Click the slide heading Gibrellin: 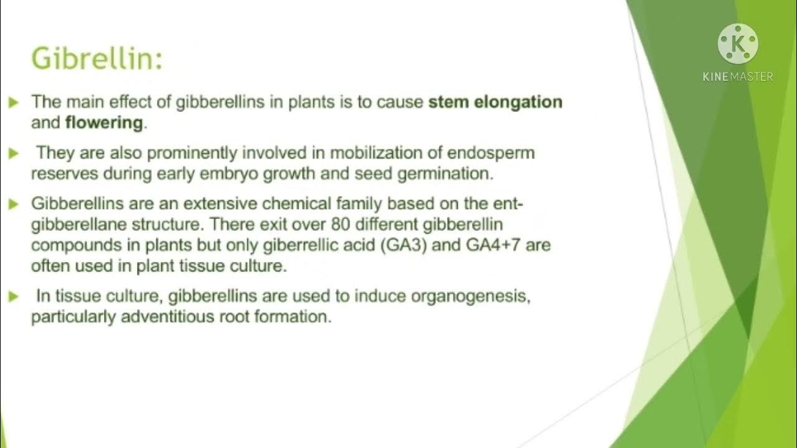tap(97, 59)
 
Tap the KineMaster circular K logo tap(738, 44)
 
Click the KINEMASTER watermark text tap(738, 77)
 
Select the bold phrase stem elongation tap(495, 102)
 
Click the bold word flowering tap(104, 123)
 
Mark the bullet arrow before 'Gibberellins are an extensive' tap(14, 205)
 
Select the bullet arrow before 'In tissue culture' tap(14, 297)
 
